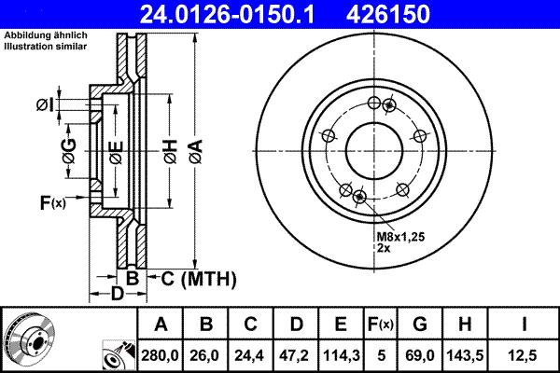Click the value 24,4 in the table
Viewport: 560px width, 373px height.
[x=251, y=355]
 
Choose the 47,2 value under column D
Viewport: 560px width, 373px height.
[x=296, y=355]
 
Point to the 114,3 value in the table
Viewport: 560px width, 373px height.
[x=341, y=355]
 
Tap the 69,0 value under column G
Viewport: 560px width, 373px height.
[x=419, y=355]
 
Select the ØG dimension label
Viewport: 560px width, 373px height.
[x=69, y=149]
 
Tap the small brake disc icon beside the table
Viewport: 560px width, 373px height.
[x=30, y=338]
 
